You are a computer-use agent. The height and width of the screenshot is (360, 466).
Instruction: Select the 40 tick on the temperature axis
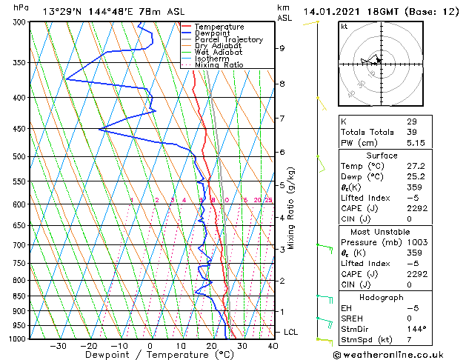pyautogui.click(x=273, y=346)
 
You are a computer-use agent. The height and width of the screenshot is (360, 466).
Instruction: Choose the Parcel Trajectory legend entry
pyautogui.click(x=228, y=40)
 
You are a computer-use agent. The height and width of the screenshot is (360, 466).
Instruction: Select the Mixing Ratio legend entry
pyautogui.click(x=219, y=65)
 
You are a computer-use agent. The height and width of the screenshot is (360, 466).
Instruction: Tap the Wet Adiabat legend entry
pyautogui.click(x=219, y=53)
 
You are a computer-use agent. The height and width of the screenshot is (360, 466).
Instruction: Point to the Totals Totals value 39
pyautogui.click(x=412, y=132)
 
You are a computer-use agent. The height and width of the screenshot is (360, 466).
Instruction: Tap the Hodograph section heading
pyautogui.click(x=382, y=297)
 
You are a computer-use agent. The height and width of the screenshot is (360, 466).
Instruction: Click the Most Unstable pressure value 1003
pyautogui.click(x=416, y=242)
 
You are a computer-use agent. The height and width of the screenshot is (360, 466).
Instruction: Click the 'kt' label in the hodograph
pyautogui.click(x=344, y=27)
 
